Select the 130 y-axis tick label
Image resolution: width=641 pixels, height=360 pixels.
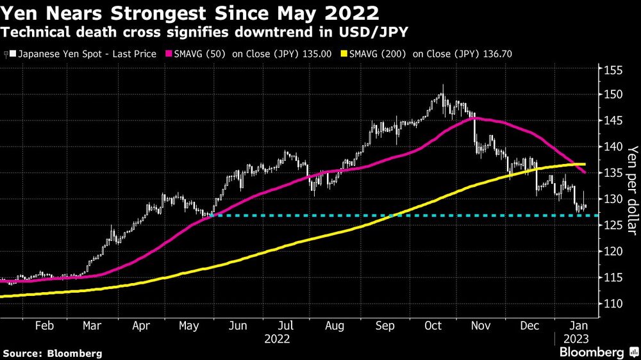click(612, 199)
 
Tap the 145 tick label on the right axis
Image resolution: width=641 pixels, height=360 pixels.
click(612, 120)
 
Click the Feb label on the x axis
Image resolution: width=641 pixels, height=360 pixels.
click(44, 325)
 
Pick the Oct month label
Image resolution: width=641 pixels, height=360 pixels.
click(434, 325)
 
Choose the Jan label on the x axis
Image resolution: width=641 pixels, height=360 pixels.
click(577, 325)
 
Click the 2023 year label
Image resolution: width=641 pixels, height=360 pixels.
click(577, 338)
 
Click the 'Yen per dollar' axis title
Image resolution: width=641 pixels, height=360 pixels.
click(632, 186)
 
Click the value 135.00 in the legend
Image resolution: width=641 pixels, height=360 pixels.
click(317, 54)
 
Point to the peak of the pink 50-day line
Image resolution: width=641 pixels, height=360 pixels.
click(475, 118)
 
